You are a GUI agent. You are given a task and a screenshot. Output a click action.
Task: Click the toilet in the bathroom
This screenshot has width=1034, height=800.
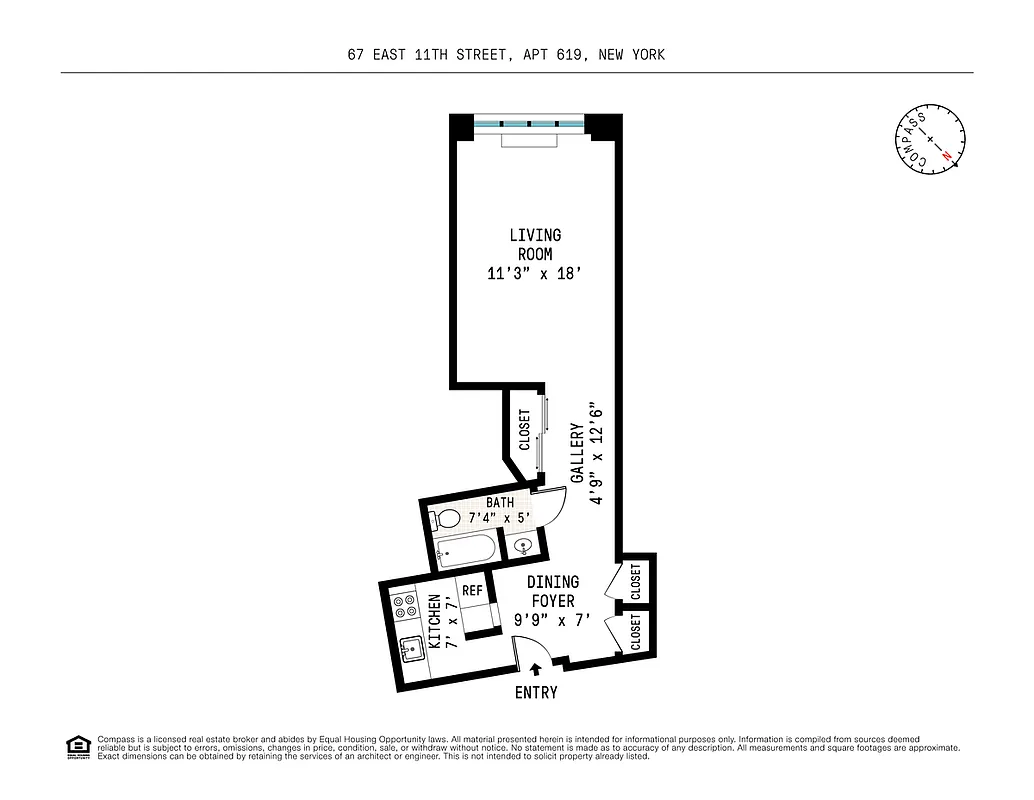(x=446, y=519)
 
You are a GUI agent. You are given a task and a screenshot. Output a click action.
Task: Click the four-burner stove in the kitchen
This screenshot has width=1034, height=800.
(x=405, y=606)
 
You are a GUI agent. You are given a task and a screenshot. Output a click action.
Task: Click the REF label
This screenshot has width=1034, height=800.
(x=473, y=591)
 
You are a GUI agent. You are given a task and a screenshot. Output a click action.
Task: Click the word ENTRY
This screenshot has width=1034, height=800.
(x=536, y=692)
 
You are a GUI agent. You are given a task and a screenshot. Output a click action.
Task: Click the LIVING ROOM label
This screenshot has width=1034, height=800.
(x=535, y=245)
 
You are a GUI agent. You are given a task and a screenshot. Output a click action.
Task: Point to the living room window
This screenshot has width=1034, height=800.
(x=528, y=123)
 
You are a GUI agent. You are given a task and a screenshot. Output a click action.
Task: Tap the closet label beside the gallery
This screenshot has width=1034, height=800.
(x=524, y=431)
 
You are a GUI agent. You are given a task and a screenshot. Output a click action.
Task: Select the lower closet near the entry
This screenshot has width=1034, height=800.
(x=637, y=632)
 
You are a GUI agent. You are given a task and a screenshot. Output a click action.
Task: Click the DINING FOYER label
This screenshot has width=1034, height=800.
(x=553, y=591)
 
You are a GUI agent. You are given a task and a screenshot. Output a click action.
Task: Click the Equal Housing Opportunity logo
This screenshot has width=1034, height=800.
(x=77, y=747)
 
